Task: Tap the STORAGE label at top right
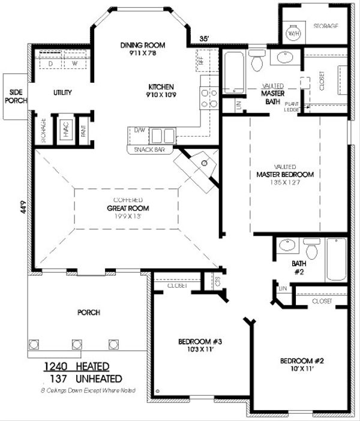[326, 26]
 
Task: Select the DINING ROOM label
[142, 45]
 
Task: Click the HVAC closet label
[66, 127]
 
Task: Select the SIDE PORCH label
[13, 96]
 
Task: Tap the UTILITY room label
[62, 92]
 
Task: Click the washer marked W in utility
[76, 63]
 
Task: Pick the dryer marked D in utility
[51, 63]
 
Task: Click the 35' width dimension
[204, 39]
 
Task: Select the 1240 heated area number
[58, 366]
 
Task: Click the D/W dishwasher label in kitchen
[139, 130]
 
